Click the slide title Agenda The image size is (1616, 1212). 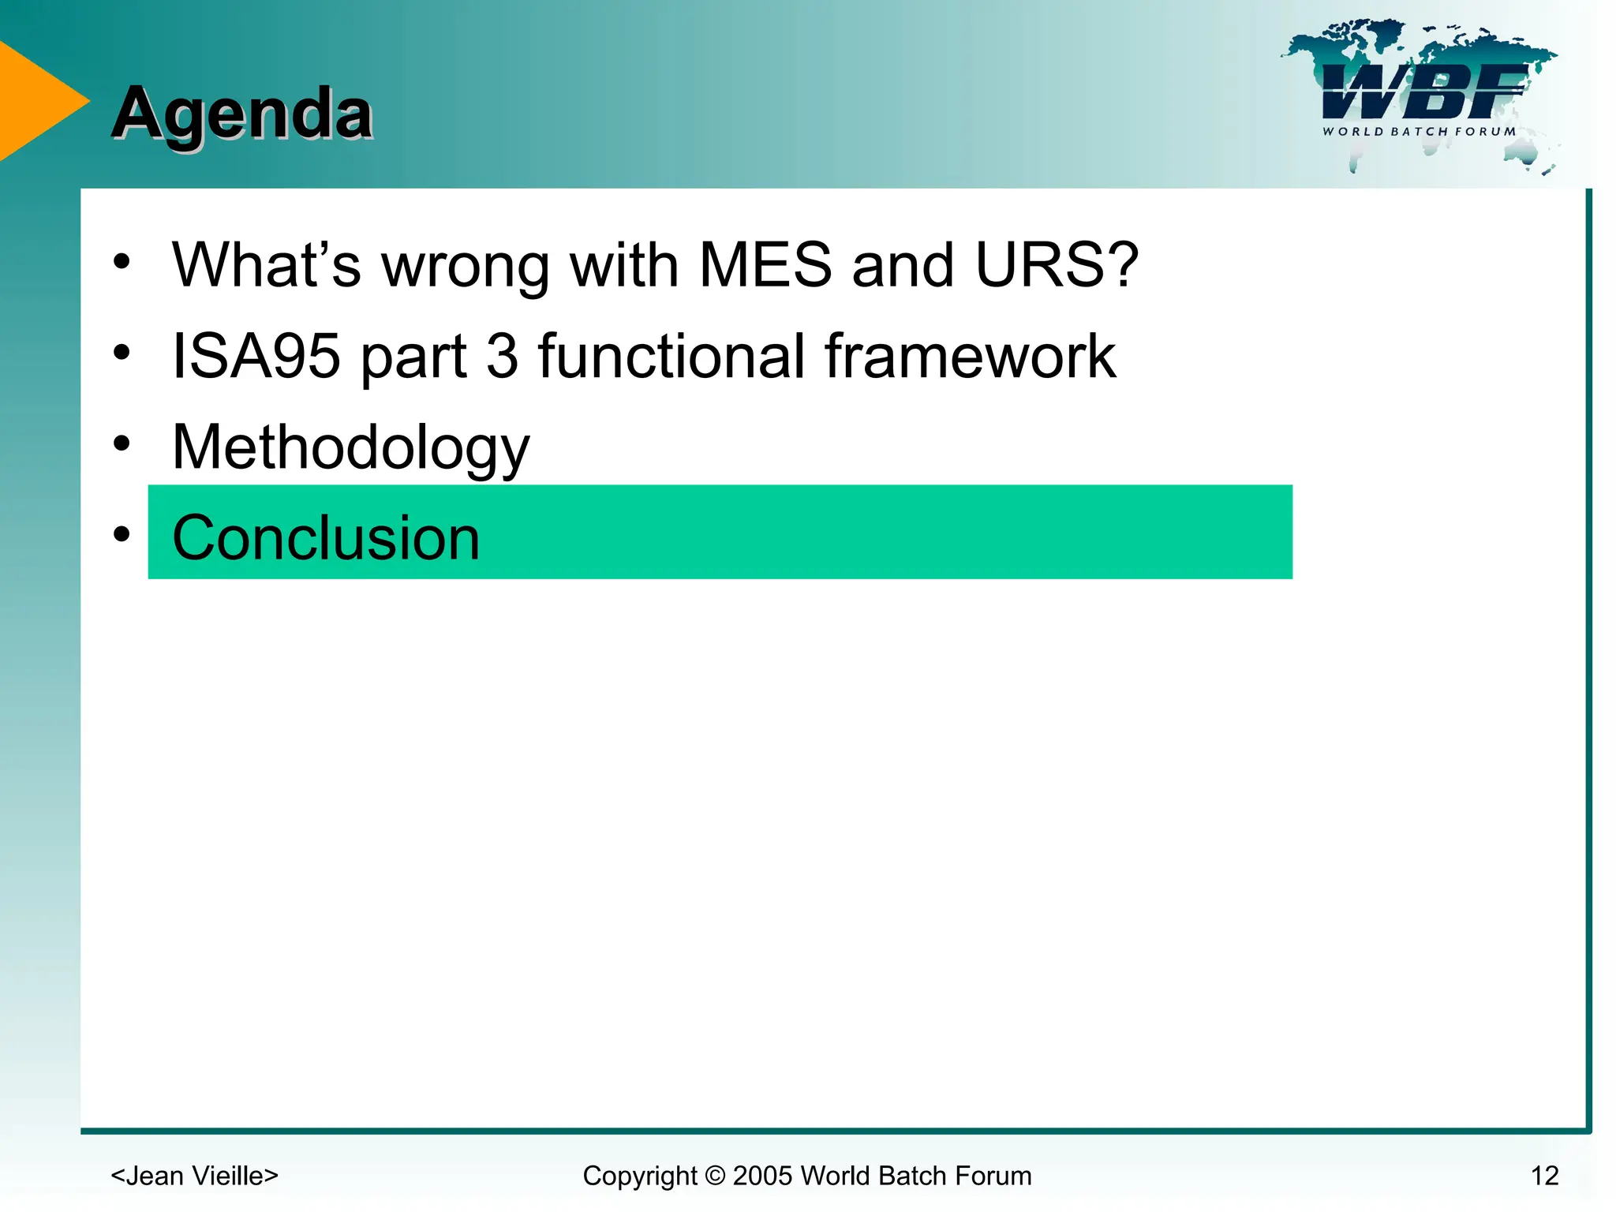(241, 114)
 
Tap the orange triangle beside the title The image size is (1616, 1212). (36, 101)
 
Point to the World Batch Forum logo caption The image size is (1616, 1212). (1419, 132)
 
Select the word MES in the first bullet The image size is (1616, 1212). (765, 265)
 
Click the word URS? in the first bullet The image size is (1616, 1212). (1057, 265)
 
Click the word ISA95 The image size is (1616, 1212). (256, 357)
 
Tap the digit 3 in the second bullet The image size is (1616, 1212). (502, 357)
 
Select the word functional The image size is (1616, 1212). (671, 357)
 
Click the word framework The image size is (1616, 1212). (970, 357)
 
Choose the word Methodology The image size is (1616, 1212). (350, 448)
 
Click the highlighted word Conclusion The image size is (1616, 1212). (325, 538)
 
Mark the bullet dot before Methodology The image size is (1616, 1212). (122, 443)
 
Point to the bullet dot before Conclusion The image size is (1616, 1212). (122, 534)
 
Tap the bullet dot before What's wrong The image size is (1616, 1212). (122, 262)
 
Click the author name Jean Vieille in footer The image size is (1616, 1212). (194, 1176)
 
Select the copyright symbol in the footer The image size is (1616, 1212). (715, 1176)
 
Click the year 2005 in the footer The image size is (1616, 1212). (763, 1176)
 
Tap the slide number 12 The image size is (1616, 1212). (1544, 1176)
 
